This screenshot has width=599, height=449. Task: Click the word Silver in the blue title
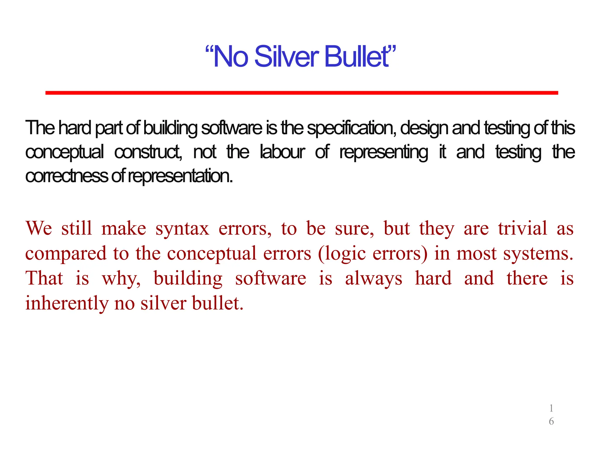[x=287, y=56]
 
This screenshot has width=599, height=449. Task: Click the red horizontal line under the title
[x=302, y=93]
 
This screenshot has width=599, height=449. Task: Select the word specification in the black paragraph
[x=351, y=128]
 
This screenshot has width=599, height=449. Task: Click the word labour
[x=282, y=152]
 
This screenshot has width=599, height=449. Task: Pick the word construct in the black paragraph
[x=148, y=152]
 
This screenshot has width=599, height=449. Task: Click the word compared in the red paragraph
[x=66, y=254]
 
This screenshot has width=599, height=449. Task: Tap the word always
[x=373, y=279]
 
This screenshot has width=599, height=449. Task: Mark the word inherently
[x=67, y=303]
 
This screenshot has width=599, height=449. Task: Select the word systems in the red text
[x=538, y=254]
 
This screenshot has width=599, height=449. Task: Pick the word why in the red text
[x=121, y=279]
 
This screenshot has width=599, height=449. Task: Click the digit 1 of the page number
[x=551, y=408]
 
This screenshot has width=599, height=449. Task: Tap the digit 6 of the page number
[x=551, y=421]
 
